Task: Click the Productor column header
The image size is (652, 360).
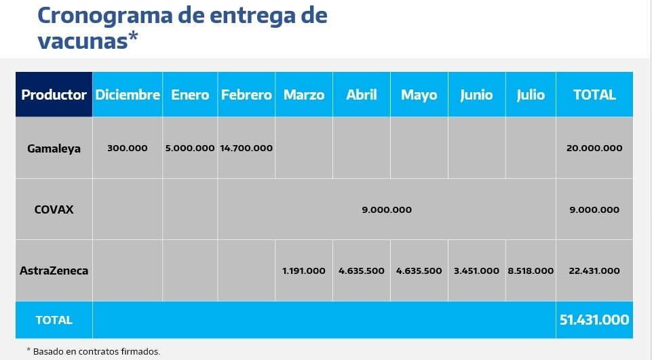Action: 54,95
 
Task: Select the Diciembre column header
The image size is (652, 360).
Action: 128,95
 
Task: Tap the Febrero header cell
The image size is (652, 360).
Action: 246,95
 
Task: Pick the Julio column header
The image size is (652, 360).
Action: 531,95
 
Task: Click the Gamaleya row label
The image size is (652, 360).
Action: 54,148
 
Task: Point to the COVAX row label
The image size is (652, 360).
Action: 54,209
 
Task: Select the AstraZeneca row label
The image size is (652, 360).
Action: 54,271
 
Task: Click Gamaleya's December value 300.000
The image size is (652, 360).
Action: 128,148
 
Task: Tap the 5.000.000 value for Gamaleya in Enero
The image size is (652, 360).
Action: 190,148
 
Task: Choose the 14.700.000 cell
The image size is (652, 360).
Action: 246,148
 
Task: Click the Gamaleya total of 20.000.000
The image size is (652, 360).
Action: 594,148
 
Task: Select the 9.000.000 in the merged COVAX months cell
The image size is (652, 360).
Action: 387,209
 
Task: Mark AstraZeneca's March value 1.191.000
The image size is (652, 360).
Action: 304,271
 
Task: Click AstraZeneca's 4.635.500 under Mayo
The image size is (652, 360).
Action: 419,271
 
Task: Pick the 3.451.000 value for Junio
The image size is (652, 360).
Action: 477,271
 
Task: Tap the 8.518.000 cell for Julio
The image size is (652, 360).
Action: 531,271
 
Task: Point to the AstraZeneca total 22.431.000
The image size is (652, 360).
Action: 594,271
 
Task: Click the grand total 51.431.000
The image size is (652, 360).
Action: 594,319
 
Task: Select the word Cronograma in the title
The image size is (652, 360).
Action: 109,15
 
